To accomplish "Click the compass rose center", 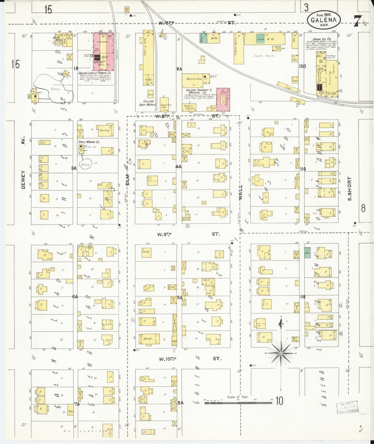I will point(281,353).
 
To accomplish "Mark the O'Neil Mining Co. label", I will point(89,142).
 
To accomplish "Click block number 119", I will point(303,169).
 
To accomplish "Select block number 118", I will point(303,297).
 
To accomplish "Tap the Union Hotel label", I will point(56,39).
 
